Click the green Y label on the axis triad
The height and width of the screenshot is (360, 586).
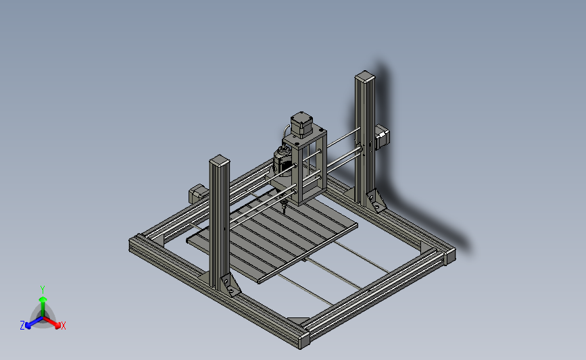pyautogui.click(x=43, y=290)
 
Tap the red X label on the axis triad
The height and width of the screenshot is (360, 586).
pyautogui.click(x=63, y=326)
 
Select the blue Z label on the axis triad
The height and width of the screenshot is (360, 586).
pyautogui.click(x=22, y=326)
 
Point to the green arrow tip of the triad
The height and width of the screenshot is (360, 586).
pyautogui.click(x=43, y=299)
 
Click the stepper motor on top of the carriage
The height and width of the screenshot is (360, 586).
pyautogui.click(x=301, y=124)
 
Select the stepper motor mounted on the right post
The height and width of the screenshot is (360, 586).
pyautogui.click(x=382, y=136)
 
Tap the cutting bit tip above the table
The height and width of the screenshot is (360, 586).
pyautogui.click(x=284, y=212)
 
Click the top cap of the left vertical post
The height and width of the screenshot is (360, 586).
pyautogui.click(x=220, y=161)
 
